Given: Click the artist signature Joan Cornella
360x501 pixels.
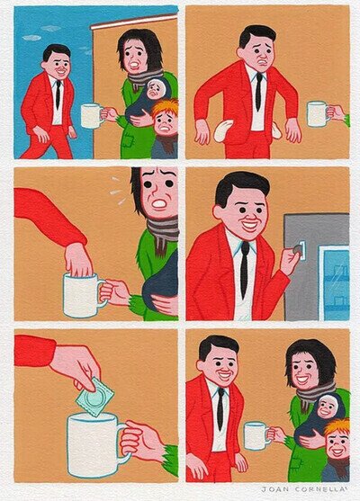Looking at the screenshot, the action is (x=305, y=489).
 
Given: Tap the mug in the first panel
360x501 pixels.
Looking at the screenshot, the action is (x=92, y=116).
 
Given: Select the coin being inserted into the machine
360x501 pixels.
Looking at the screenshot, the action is (x=297, y=249).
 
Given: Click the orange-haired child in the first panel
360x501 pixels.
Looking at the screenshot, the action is (x=166, y=129).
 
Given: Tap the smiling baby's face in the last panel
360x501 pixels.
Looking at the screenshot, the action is (x=328, y=407).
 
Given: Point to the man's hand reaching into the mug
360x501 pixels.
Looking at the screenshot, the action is (x=77, y=259).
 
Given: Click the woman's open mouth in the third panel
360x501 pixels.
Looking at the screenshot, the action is (x=158, y=203).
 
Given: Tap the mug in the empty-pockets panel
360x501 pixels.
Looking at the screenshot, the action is (x=318, y=114).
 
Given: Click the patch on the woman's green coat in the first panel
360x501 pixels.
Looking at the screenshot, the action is (x=128, y=139).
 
